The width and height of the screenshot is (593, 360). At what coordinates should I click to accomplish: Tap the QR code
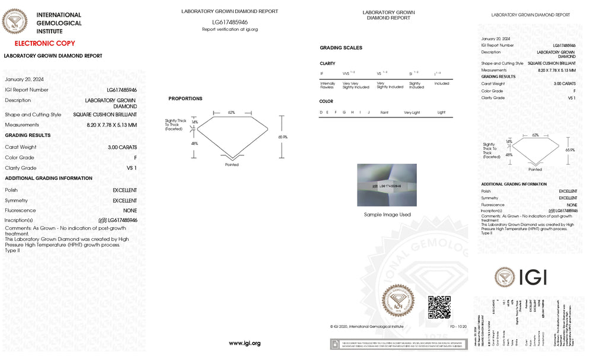439,307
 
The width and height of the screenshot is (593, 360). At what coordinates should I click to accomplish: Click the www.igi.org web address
244,343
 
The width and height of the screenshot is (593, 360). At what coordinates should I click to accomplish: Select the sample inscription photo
387,185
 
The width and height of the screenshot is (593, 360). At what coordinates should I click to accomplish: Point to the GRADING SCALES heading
341,48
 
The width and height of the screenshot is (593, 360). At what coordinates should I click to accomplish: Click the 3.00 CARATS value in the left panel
122,147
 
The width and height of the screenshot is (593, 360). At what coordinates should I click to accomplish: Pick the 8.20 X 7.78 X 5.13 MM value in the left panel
111,125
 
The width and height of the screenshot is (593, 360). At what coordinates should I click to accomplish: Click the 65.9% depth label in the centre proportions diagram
283,137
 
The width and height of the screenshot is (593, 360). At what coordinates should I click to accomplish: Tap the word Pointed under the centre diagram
232,165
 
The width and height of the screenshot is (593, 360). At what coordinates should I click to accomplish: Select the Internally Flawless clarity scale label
328,85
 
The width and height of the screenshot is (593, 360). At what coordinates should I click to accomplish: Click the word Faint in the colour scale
385,112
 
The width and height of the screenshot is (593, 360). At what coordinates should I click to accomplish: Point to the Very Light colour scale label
412,112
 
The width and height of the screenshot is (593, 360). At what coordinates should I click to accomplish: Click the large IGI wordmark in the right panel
533,277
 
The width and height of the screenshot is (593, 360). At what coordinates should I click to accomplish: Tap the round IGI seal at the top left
15,23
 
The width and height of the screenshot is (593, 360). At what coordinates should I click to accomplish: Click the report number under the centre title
230,22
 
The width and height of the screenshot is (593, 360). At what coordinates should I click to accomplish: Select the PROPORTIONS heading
185,98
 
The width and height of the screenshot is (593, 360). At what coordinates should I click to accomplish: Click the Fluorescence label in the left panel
20,211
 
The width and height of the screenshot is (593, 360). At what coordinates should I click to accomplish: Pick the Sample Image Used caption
387,215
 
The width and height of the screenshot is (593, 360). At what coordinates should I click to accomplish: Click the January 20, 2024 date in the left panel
24,79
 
